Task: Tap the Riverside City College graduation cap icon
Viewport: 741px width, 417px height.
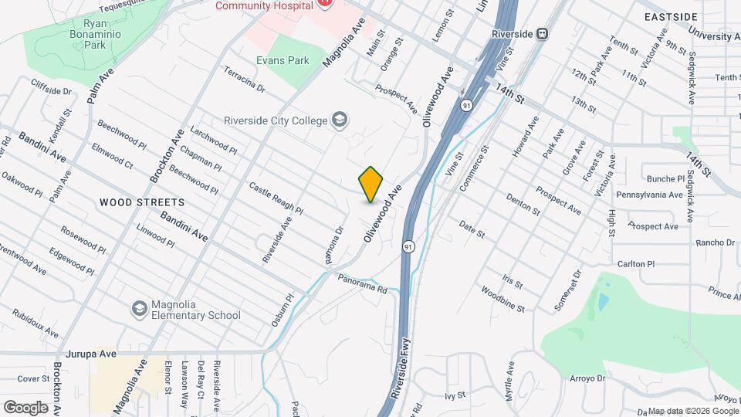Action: point(339,120)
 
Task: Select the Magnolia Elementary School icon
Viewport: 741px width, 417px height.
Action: point(139,309)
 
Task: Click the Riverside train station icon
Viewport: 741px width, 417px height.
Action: point(542,34)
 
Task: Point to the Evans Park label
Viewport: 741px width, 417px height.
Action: point(283,60)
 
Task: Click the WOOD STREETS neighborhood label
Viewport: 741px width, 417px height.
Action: point(142,202)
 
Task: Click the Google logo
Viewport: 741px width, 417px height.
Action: point(25,407)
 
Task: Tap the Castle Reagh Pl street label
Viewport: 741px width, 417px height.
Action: point(276,198)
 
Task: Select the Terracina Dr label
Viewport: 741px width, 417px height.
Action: point(245,80)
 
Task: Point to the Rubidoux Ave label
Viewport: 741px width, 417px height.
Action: point(36,324)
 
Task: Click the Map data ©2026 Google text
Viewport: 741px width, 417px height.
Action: point(692,411)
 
